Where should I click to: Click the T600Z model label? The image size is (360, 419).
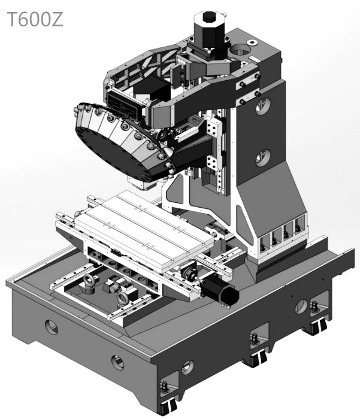35,19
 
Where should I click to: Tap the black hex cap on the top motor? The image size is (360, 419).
210,17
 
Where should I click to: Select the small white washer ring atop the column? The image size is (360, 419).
252,42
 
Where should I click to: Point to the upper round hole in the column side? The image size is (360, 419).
263,106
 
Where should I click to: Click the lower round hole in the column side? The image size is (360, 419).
263,157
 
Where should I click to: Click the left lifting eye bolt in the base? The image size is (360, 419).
87,284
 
